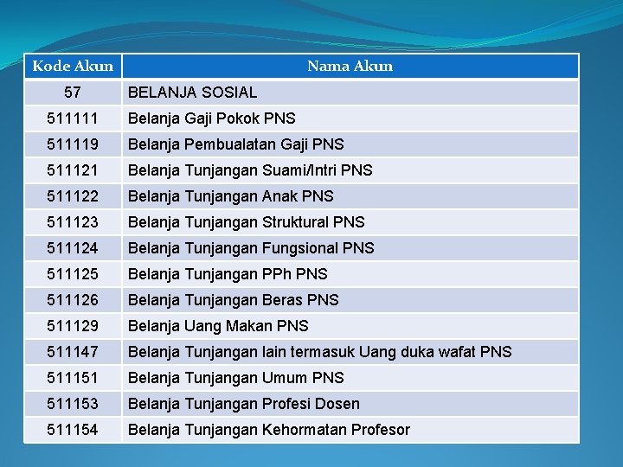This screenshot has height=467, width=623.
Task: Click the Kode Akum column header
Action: click(73, 67)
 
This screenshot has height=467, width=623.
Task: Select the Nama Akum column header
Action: click(350, 67)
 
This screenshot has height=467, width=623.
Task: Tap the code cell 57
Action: click(73, 93)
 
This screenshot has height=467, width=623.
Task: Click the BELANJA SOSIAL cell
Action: click(192, 93)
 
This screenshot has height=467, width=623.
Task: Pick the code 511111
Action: click(73, 118)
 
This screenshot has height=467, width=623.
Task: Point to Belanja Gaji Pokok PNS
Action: click(211, 118)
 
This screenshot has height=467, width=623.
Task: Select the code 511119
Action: click(73, 144)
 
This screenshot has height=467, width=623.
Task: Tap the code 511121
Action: click(73, 170)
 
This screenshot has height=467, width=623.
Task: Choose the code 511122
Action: click(73, 196)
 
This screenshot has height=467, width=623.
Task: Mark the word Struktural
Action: click(295, 222)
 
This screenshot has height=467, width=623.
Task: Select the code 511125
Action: click(73, 274)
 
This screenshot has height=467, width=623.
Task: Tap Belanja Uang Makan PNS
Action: click(218, 326)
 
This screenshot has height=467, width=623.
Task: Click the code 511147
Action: click(73, 352)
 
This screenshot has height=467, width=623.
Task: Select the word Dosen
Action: click(338, 404)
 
